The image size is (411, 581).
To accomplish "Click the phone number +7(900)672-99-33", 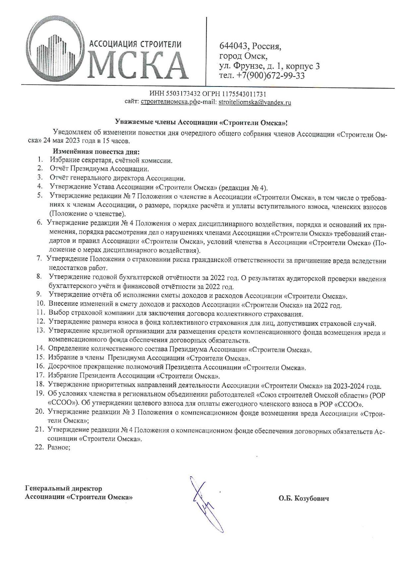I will tap(270, 76).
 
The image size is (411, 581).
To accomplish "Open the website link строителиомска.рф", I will tap(169, 102).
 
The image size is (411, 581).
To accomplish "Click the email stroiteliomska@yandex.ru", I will tap(255, 102).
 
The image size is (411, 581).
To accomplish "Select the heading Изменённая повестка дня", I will tap(96, 152).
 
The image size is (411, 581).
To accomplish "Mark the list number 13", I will tap(40, 330).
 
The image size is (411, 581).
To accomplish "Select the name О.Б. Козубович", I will tap(304, 498).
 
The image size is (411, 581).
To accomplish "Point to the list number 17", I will tap(40, 375).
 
